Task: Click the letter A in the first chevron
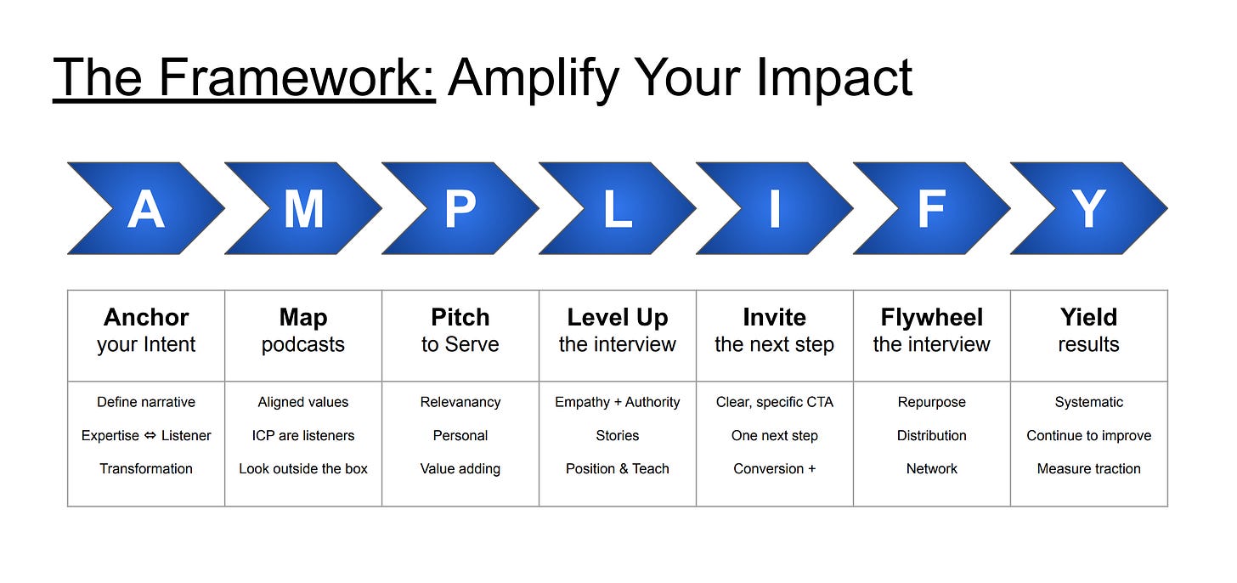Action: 146,209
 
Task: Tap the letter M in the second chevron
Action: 303,209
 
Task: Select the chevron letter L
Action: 618,209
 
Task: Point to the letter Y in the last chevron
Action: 1088,209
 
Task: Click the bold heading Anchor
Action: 146,317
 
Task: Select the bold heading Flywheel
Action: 932,318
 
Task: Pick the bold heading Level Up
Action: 618,318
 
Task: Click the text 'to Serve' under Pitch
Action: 460,344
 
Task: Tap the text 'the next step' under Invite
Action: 774,345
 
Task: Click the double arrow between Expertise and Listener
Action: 150,435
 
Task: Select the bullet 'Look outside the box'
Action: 303,468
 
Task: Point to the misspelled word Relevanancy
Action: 460,402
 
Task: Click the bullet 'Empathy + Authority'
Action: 618,402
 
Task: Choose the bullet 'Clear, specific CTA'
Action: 774,402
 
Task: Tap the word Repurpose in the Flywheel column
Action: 932,402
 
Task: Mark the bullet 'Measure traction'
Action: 1088,468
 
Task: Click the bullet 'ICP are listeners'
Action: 303,435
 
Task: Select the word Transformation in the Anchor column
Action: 146,468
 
